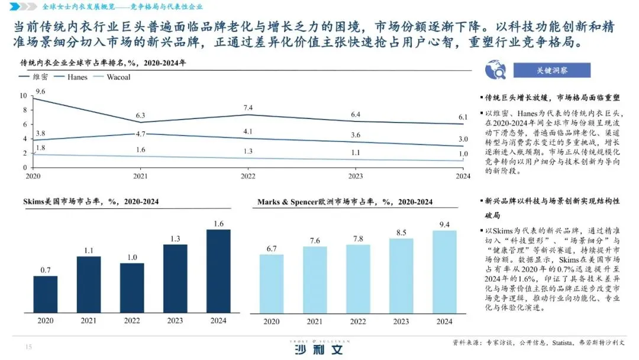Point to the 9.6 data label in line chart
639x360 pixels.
(x=41, y=91)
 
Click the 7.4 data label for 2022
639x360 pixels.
(x=247, y=107)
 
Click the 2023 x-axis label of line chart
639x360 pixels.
(x=356, y=176)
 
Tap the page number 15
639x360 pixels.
(x=28, y=347)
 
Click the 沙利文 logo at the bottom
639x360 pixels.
(x=319, y=350)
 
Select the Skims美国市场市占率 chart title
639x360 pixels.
(x=89, y=202)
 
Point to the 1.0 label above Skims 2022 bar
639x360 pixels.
(x=132, y=257)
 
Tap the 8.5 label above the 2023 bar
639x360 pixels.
(x=401, y=232)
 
